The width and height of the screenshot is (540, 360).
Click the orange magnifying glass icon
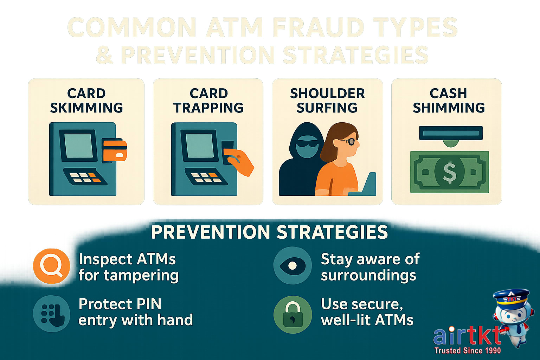click(51, 266)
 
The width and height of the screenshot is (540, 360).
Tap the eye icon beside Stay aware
click(292, 266)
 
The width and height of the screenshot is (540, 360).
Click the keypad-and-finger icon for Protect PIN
click(51, 313)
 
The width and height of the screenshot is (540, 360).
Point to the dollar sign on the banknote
click(449, 172)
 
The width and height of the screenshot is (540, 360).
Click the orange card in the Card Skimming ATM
click(115, 149)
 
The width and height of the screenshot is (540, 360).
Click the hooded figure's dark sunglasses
click(307, 143)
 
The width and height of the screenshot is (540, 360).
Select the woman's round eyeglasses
click(350, 142)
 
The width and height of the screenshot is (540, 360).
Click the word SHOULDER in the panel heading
click(327, 94)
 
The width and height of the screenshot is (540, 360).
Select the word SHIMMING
click(449, 108)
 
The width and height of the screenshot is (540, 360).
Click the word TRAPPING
click(208, 108)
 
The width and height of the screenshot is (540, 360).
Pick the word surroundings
click(368, 276)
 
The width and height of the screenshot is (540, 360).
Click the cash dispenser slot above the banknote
click(451, 133)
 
